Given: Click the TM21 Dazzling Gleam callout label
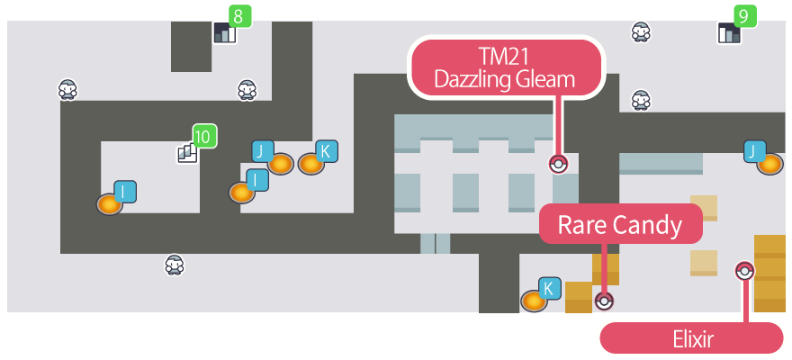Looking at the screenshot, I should (x=504, y=67).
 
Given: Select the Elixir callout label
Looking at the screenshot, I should (x=690, y=338).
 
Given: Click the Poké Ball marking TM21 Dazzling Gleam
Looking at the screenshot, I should (x=559, y=164).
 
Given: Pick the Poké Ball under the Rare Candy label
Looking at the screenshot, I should (x=604, y=301).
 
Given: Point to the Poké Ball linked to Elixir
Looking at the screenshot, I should (x=744, y=270).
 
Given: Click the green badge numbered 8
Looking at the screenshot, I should (x=239, y=15).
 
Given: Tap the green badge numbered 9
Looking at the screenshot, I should (x=742, y=15).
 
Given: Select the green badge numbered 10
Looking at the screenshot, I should (x=203, y=136).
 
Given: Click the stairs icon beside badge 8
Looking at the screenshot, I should (x=222, y=34).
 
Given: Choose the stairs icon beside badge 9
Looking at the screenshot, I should (x=727, y=34).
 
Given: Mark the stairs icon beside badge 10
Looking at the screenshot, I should (x=187, y=153).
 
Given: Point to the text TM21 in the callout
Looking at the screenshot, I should (x=504, y=56).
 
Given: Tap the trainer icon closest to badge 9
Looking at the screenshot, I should (x=641, y=32).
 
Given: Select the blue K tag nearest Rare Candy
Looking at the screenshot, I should (x=549, y=289).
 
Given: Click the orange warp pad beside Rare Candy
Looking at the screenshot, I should (x=534, y=301).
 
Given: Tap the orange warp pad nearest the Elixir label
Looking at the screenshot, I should (x=769, y=163).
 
